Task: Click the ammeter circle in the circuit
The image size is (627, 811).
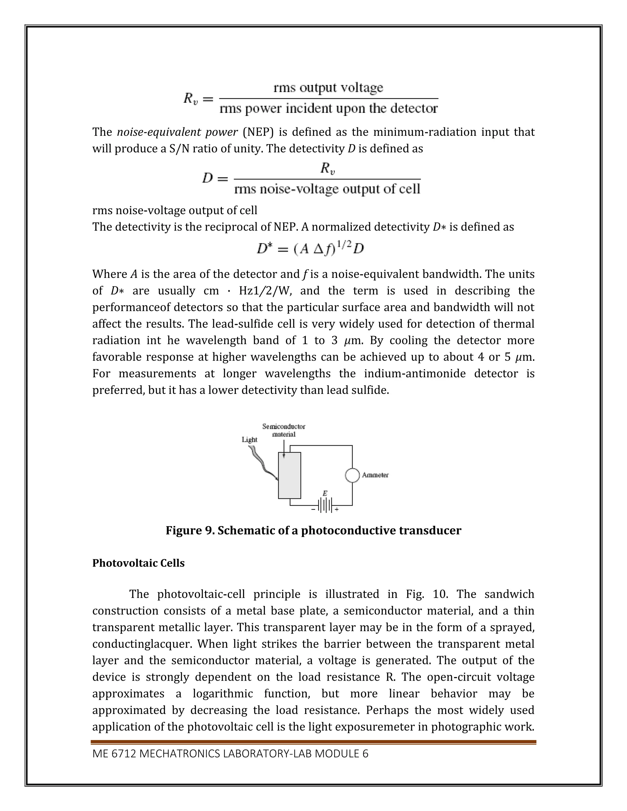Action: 352,475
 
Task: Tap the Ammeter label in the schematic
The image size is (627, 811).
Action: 375,475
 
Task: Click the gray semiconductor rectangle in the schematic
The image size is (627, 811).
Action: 289,475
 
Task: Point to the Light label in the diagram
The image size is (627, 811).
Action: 249,440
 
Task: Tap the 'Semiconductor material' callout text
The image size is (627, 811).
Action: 284,430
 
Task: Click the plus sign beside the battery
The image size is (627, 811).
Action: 336,510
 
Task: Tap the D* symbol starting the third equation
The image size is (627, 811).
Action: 265,249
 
